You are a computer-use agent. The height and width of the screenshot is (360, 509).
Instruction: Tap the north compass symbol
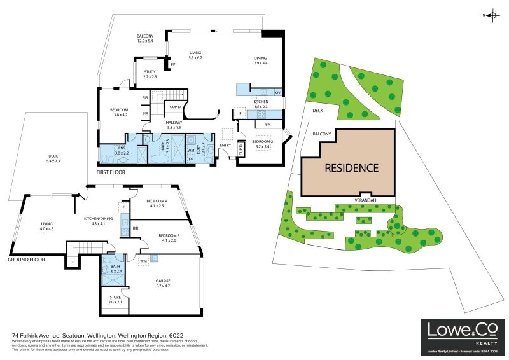tap(492, 15)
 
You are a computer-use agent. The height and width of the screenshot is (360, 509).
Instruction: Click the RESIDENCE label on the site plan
tap(352, 169)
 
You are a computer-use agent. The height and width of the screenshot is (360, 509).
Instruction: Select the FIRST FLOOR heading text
tap(111, 172)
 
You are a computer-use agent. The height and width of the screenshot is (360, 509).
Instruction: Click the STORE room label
tap(115, 297)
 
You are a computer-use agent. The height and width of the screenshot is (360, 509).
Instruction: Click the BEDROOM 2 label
tap(262, 141)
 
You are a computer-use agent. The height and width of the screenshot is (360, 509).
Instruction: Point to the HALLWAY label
tap(174, 123)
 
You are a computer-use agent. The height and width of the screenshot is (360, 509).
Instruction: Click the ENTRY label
tap(225, 145)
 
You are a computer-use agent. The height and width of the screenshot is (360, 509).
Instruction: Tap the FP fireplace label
tap(172, 64)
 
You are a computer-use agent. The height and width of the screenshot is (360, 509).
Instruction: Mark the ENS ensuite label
tap(121, 148)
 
